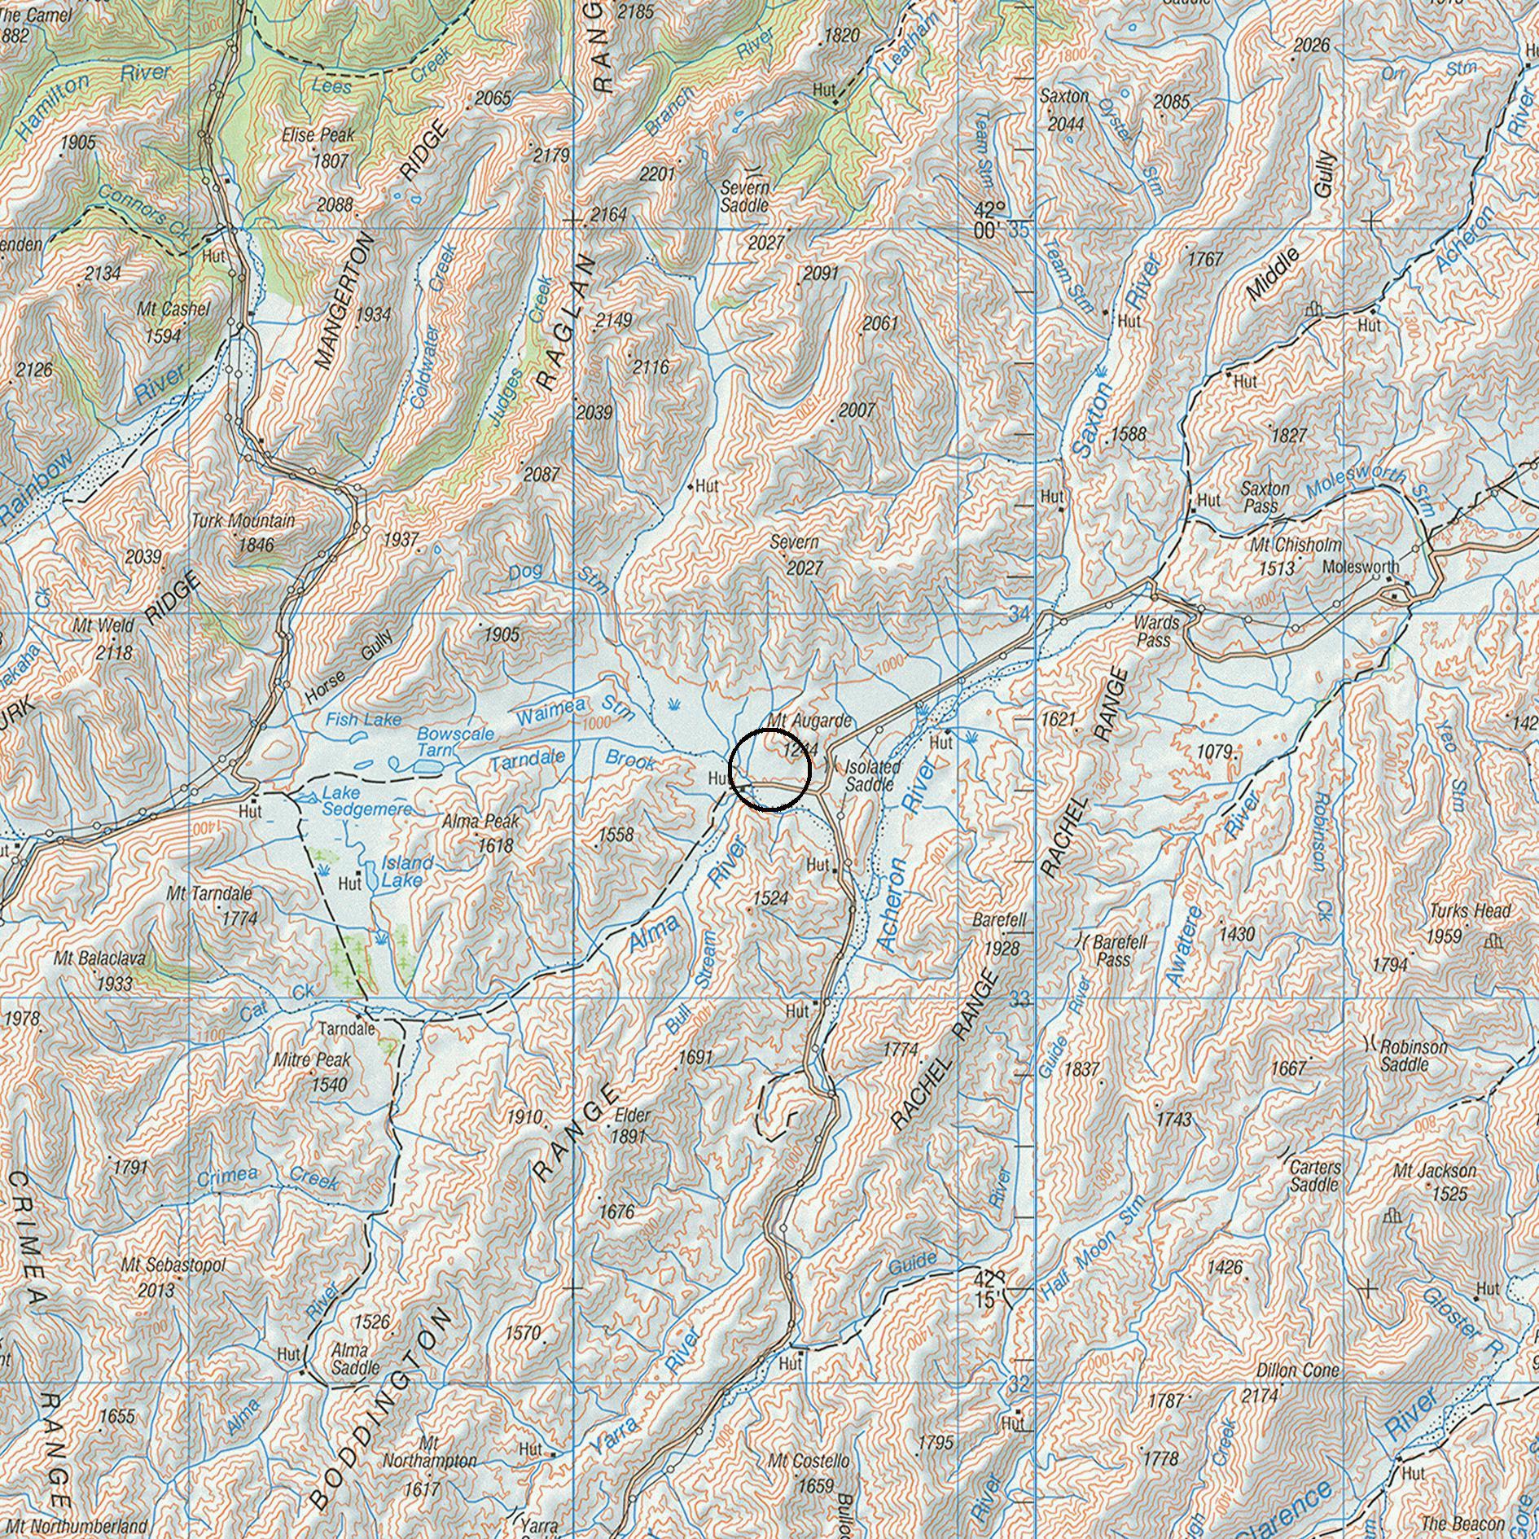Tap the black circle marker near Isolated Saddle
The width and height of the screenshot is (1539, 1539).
[x=769, y=770]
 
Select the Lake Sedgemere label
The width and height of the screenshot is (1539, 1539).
[x=366, y=800]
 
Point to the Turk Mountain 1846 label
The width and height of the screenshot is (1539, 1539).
[x=243, y=532]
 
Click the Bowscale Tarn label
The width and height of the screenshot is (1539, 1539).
[x=454, y=741]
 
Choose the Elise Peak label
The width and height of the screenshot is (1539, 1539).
[x=318, y=136]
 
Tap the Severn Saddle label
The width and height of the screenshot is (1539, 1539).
[x=744, y=197]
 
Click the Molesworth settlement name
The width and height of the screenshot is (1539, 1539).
[x=1361, y=567]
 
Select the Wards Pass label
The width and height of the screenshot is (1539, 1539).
[x=1156, y=631]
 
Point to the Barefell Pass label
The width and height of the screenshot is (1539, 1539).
[x=1120, y=950]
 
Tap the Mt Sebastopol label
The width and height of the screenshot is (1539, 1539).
[x=173, y=1266]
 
